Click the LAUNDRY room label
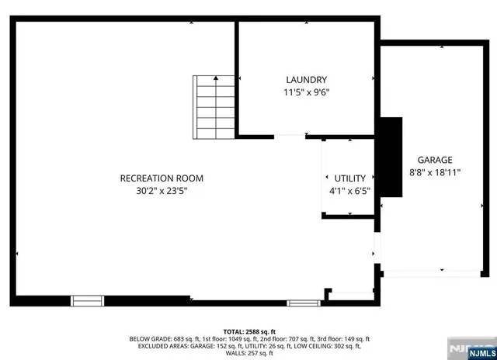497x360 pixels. (306, 80)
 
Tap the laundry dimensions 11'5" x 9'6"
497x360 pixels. (306, 92)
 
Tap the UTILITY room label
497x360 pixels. (349, 178)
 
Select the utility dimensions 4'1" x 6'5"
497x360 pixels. (349, 190)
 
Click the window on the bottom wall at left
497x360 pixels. (87, 300)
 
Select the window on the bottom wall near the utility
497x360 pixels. (303, 301)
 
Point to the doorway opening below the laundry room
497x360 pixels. (289, 137)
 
